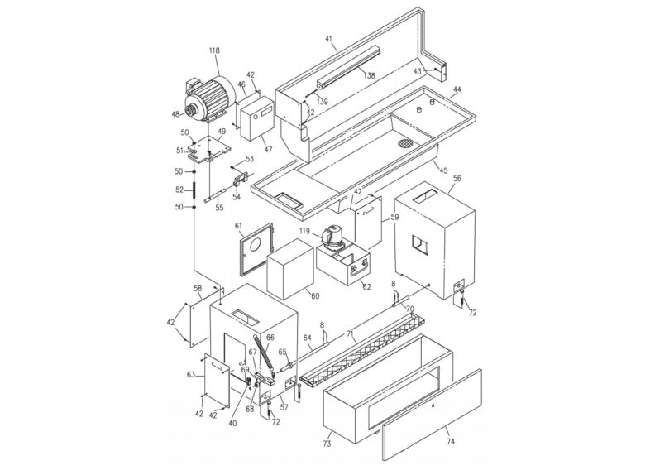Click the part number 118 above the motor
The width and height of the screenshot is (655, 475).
pos(214,51)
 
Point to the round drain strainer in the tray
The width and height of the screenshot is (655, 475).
pos(405,142)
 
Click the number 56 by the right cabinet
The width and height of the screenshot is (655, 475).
pos(457,177)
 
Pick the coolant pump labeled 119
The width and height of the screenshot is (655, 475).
pos(334,237)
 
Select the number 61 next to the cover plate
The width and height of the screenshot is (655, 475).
pos(238,225)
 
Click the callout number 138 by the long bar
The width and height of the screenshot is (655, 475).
pos(369,75)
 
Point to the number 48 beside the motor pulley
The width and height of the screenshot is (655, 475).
pos(175,114)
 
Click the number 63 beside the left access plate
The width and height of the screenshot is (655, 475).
pos(191,375)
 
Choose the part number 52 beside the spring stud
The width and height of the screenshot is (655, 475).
pos(179,190)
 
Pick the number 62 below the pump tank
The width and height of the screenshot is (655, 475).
pos(366,286)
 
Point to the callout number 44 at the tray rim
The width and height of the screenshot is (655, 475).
pos(457,89)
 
